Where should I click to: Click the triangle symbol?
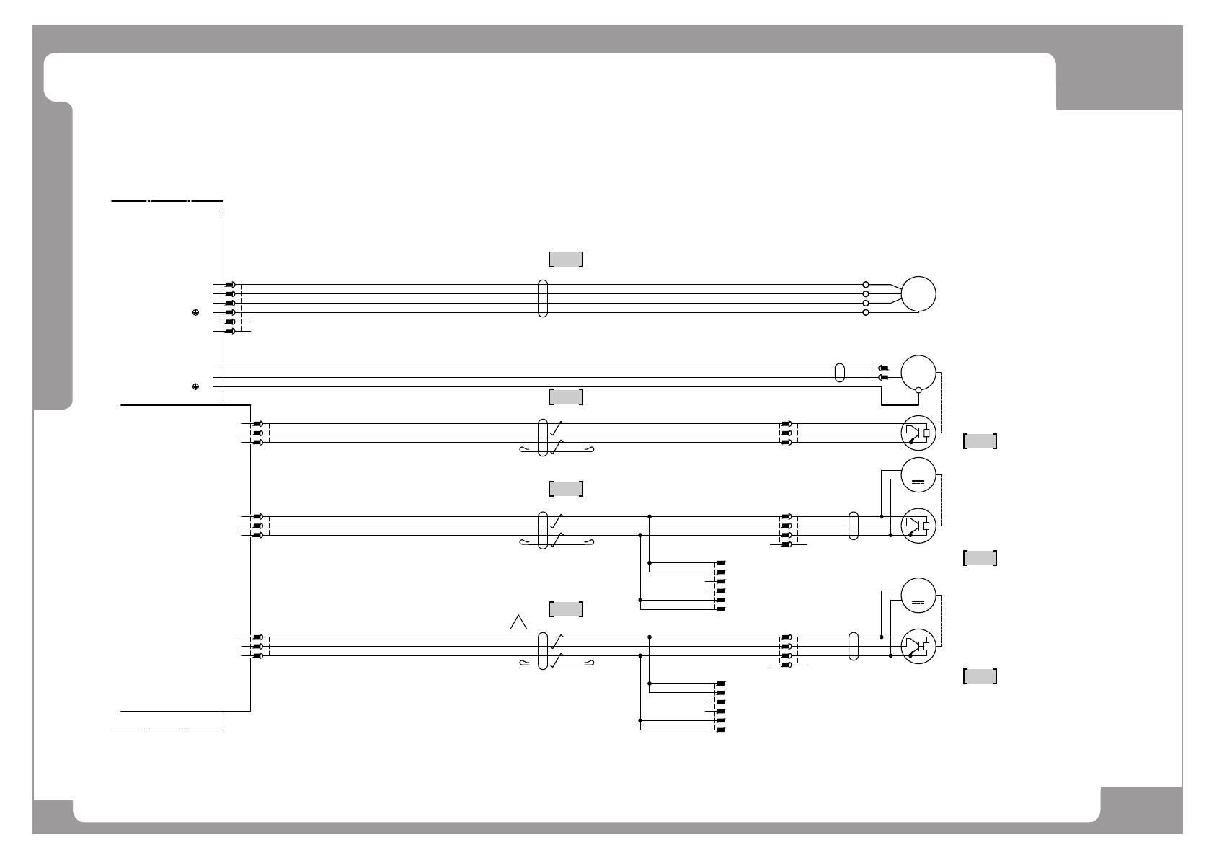518,623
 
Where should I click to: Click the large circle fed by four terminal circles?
918,294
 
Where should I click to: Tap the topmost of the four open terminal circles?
866,285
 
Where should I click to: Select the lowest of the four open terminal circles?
866,313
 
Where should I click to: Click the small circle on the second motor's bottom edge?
918,391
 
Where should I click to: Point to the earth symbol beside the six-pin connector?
195,313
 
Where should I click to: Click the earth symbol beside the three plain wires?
195,387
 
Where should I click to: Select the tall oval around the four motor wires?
543,298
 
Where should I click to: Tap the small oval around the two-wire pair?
839,373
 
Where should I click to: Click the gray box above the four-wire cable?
566,260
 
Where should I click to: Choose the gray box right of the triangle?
566,609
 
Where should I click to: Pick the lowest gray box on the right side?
980,676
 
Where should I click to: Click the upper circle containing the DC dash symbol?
918,475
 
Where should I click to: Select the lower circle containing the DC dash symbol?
918,596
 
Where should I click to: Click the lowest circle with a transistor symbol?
918,647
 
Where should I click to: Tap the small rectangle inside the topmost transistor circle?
926,433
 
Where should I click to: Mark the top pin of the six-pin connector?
230,285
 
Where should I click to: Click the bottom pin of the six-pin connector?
230,331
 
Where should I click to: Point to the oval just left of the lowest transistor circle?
854,647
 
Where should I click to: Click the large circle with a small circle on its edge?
918,373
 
